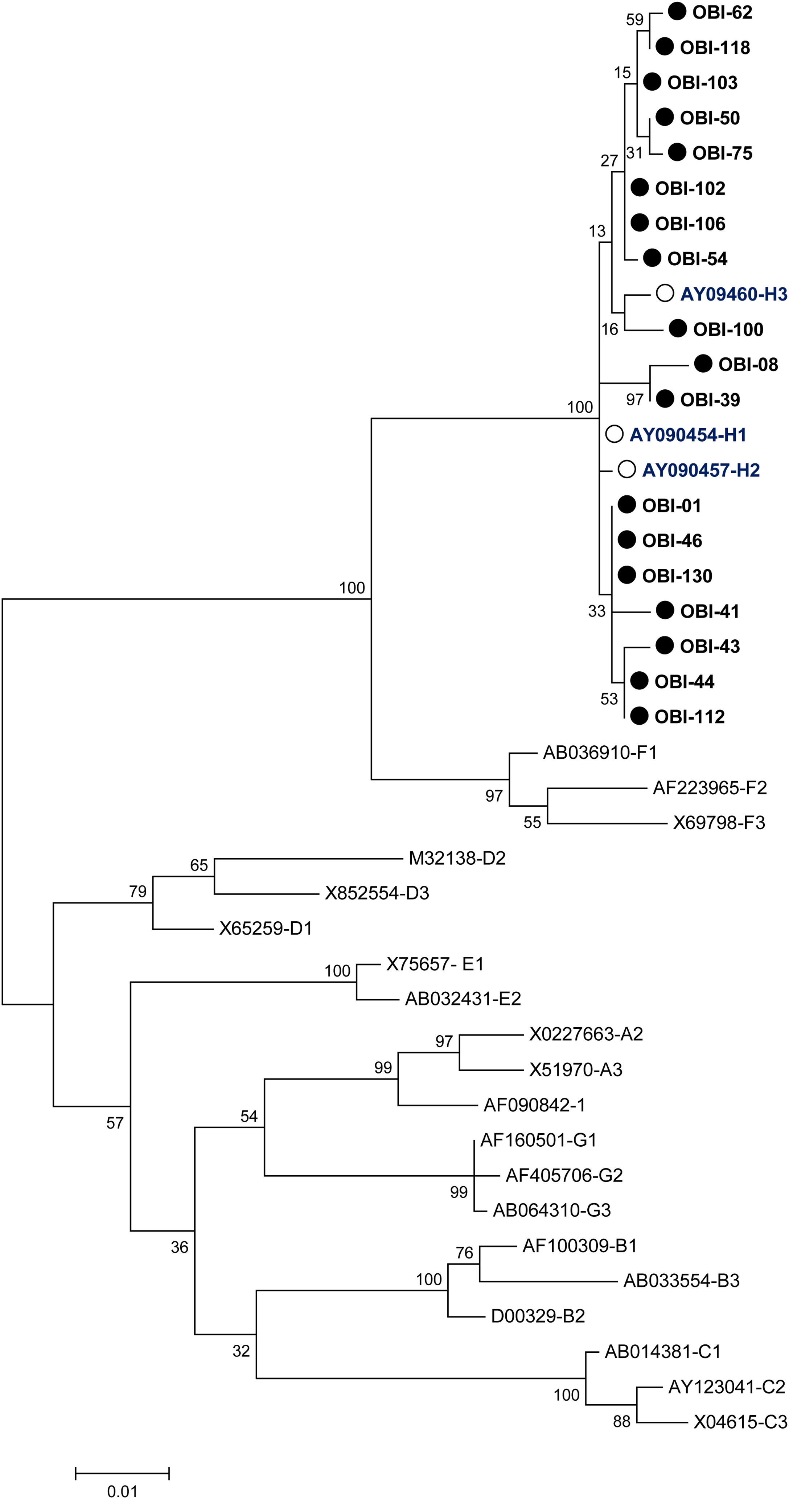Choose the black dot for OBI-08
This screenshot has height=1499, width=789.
pos(703,364)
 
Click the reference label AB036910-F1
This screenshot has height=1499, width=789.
pos(600,753)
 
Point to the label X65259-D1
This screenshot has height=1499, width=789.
pos(265,928)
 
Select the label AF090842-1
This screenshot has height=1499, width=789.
pos(534,1105)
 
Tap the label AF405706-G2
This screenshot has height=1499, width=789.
pos(564,1175)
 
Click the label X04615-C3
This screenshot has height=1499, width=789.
pos(740,1422)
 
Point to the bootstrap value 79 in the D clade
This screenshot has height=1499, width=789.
pos(137,892)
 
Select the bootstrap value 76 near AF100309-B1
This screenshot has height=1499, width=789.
pos(464,1252)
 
